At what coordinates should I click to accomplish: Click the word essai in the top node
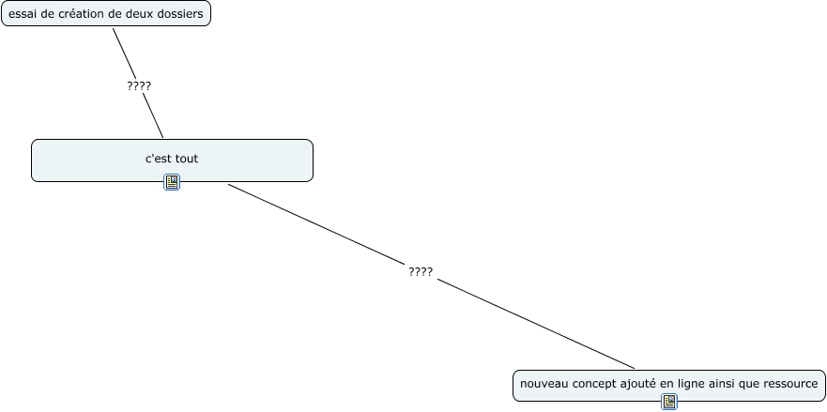(x=23, y=13)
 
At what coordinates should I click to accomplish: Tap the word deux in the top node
(x=141, y=13)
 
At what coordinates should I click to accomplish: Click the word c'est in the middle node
(x=158, y=159)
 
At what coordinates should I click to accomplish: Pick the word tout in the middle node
(x=187, y=159)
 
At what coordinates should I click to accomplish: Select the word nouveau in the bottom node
(x=544, y=384)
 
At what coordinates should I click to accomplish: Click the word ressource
(x=790, y=384)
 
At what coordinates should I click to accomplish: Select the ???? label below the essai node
(x=139, y=85)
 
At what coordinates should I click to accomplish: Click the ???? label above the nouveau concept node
(x=421, y=271)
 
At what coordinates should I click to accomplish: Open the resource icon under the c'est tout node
(x=172, y=182)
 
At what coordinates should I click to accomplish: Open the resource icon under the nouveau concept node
(x=669, y=402)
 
